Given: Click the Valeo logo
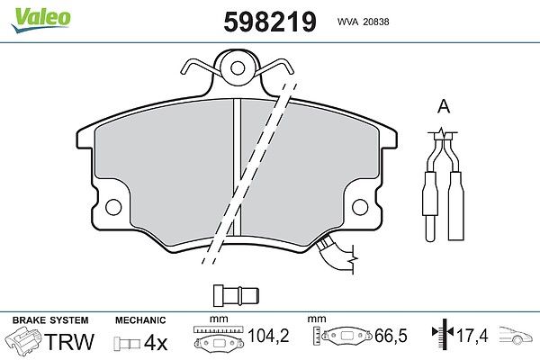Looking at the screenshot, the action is point(41,20).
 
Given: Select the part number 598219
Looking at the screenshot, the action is point(270,22).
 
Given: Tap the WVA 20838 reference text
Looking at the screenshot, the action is point(363,22).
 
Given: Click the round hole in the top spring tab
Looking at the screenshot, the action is point(238,67).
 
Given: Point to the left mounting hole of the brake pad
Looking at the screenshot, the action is point(113,207).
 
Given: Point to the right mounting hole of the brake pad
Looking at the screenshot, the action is point(360,207).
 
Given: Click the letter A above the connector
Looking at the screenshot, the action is point(443,106).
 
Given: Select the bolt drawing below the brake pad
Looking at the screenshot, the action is point(236,295).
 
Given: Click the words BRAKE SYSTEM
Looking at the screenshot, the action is point(50,320).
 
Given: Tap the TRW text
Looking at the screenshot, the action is point(69,342).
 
